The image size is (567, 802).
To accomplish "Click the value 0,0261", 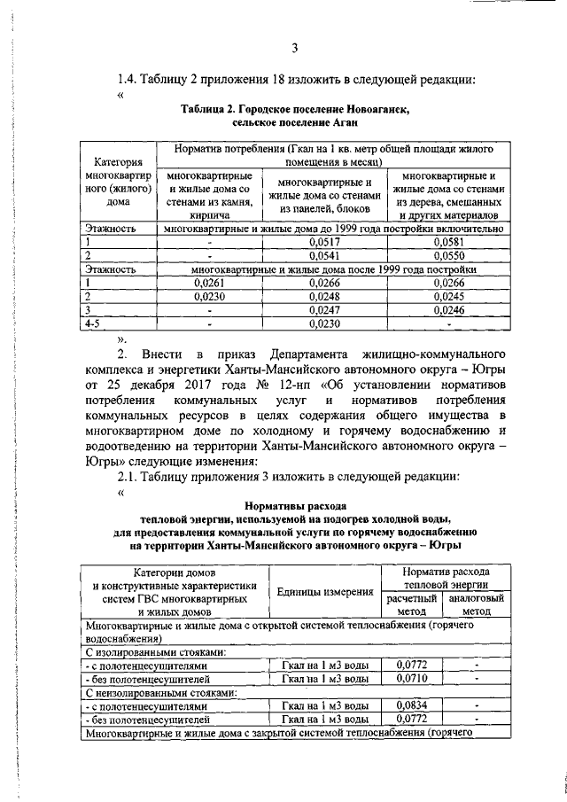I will (210, 283).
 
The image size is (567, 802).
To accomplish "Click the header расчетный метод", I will (412, 604).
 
